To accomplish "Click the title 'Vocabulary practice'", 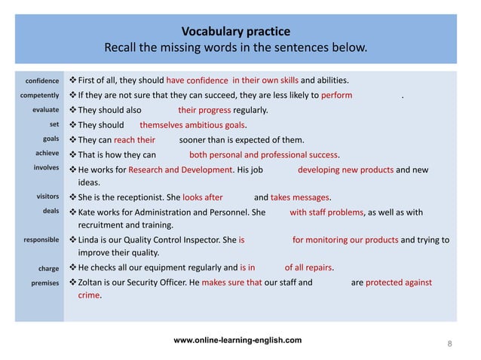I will click(x=236, y=32).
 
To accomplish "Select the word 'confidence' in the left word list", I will click(x=43, y=81).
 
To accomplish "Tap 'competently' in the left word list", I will click(x=40, y=96).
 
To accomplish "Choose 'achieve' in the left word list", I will click(x=45, y=154).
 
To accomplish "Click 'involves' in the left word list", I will click(x=45, y=168).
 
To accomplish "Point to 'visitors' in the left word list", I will click(x=46, y=197).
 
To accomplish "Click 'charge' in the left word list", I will click(x=48, y=268).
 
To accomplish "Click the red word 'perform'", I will click(x=337, y=96).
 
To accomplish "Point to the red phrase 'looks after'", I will click(x=203, y=197).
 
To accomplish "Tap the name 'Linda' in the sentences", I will click(x=90, y=240).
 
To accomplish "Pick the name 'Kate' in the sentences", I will click(x=87, y=212).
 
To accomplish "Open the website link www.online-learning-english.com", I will click(x=237, y=340).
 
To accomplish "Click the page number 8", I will click(x=449, y=344).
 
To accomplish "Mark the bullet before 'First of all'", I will click(x=72, y=81).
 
